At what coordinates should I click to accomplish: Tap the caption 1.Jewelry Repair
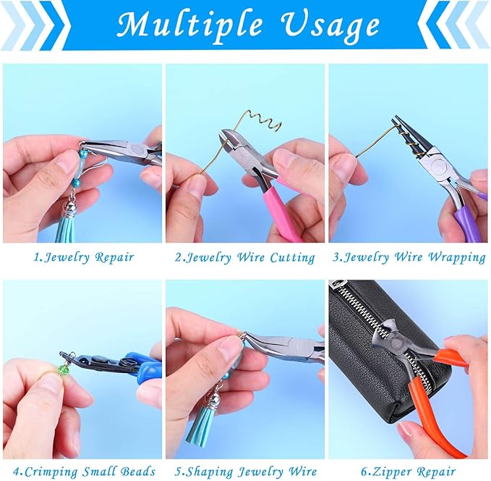[x=84, y=256]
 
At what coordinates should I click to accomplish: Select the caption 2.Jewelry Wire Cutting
[x=246, y=256]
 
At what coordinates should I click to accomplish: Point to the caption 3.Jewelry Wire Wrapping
[x=409, y=256]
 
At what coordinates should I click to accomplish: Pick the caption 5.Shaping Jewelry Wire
[x=245, y=472]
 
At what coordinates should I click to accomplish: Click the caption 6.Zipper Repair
[x=409, y=472]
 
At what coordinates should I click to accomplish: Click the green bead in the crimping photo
[x=64, y=370]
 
